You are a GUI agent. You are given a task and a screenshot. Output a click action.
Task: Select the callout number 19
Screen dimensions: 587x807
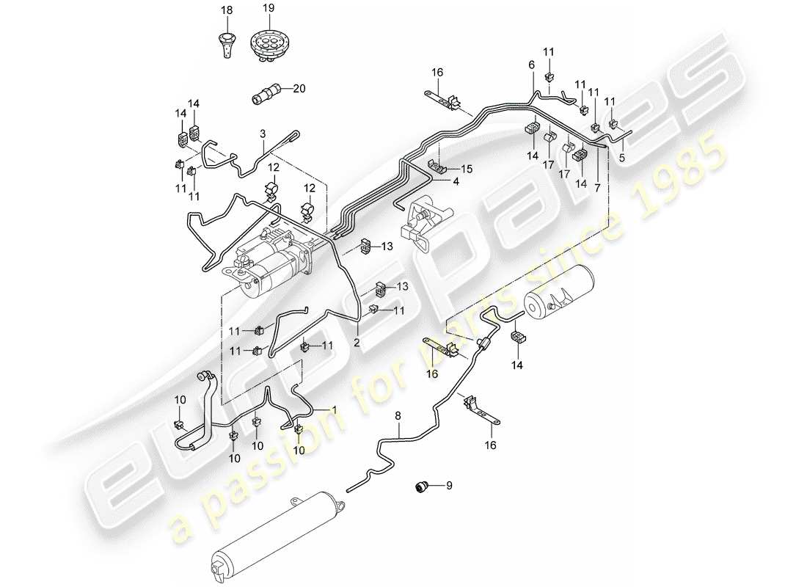click(268, 9)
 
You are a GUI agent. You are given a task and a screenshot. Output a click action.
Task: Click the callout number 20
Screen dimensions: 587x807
click(298, 89)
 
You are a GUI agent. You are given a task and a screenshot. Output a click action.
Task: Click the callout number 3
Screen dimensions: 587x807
click(262, 134)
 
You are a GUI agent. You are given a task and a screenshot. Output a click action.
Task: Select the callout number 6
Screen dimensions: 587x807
click(531, 65)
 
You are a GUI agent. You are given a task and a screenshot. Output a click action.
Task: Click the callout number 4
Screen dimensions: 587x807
click(456, 181)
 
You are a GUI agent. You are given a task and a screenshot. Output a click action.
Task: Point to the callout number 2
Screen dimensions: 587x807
click(357, 341)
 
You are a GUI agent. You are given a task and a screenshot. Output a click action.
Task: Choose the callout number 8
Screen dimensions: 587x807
click(398, 416)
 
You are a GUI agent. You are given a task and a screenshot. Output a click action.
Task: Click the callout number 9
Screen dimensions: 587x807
click(450, 485)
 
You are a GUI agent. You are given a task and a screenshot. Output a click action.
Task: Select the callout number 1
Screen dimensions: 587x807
click(335, 409)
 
